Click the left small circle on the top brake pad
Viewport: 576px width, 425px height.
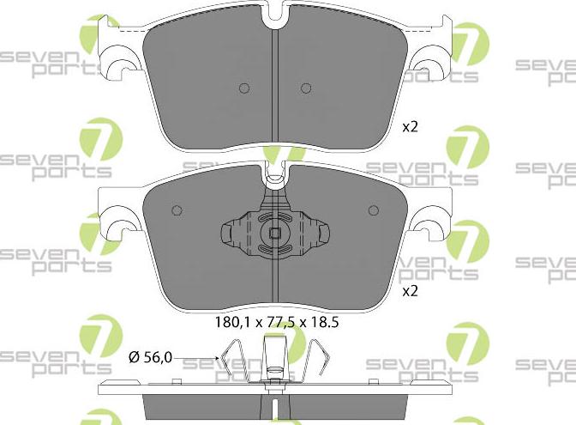pos(243,88)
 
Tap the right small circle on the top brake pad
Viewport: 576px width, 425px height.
pos(305,88)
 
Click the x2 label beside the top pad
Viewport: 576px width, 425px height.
pos(410,126)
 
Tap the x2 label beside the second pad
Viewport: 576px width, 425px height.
pos(410,291)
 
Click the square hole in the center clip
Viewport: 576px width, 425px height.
pos(275,233)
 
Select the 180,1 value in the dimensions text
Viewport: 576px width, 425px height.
pos(228,325)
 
